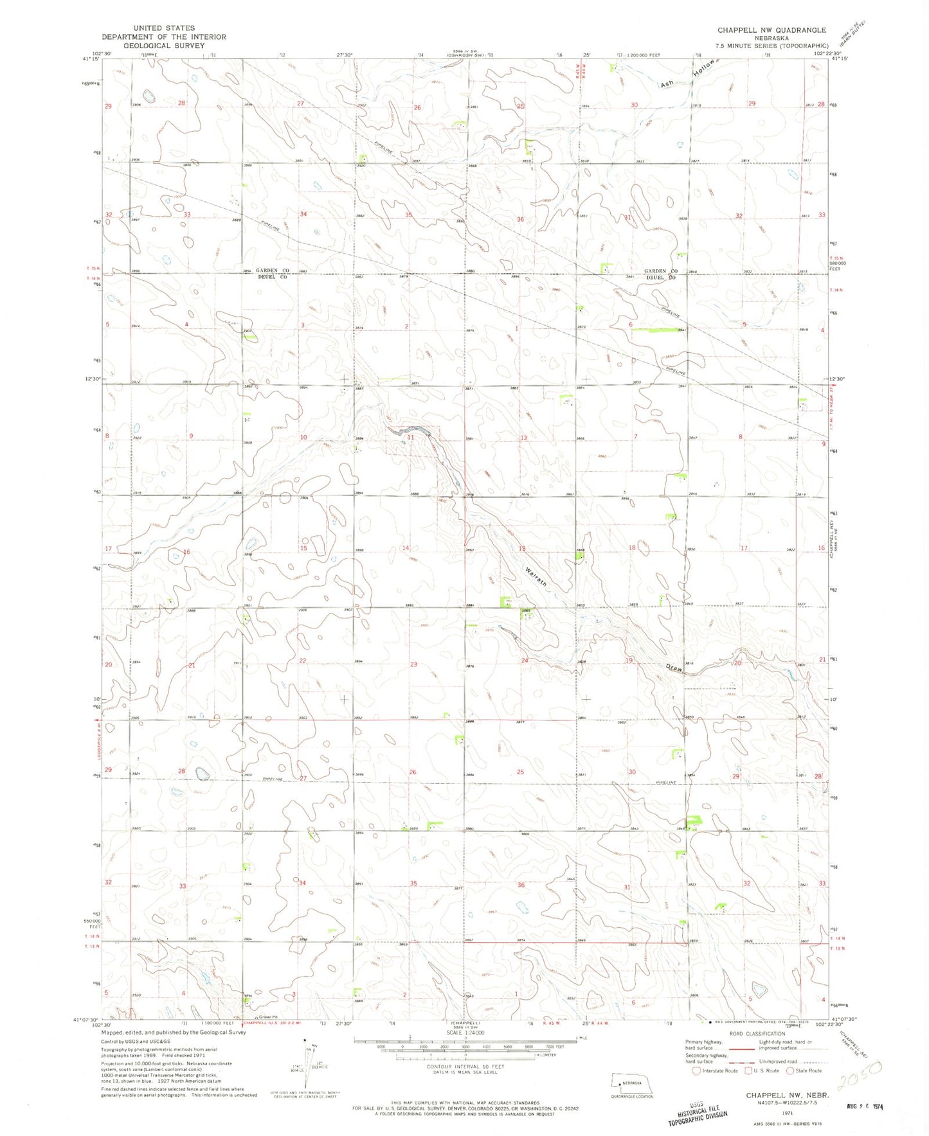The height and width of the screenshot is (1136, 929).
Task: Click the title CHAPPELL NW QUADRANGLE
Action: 771,30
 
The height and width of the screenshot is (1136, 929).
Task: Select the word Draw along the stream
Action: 673,668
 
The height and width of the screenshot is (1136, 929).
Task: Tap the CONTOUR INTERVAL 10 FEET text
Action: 465,1067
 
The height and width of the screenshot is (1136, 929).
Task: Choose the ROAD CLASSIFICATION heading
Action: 757,1034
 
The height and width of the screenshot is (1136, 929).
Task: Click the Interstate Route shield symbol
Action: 696,1070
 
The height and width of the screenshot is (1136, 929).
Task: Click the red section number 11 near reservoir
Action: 411,437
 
